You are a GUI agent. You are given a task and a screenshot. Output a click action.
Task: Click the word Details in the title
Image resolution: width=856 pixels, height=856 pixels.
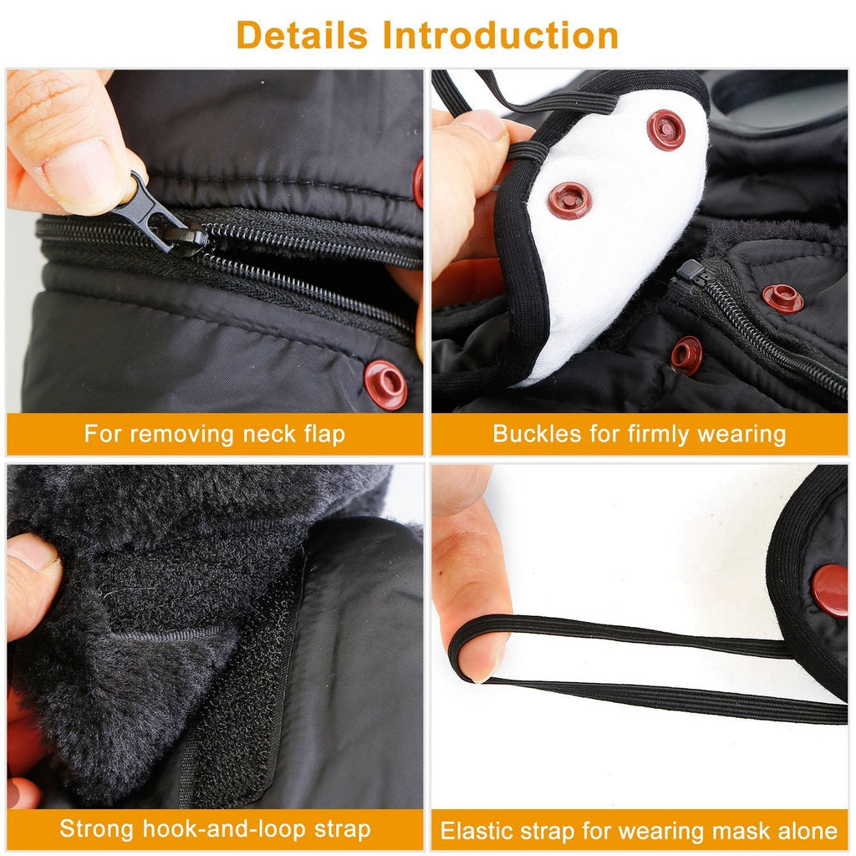click(302, 35)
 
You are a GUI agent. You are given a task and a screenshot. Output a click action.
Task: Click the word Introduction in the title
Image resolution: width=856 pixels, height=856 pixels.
click(500, 35)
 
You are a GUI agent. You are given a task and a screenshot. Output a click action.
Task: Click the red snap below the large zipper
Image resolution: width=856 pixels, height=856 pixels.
click(385, 384)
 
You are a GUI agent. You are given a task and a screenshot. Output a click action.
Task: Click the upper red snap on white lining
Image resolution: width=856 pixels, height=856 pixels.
click(665, 130)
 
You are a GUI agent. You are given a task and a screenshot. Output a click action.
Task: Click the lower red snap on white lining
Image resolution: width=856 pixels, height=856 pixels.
click(570, 201)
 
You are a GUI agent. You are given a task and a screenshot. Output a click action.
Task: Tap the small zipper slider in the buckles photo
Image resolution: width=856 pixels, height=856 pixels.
click(690, 271)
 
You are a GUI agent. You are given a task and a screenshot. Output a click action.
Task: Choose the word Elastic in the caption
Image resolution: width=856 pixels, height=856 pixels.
click(476, 831)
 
